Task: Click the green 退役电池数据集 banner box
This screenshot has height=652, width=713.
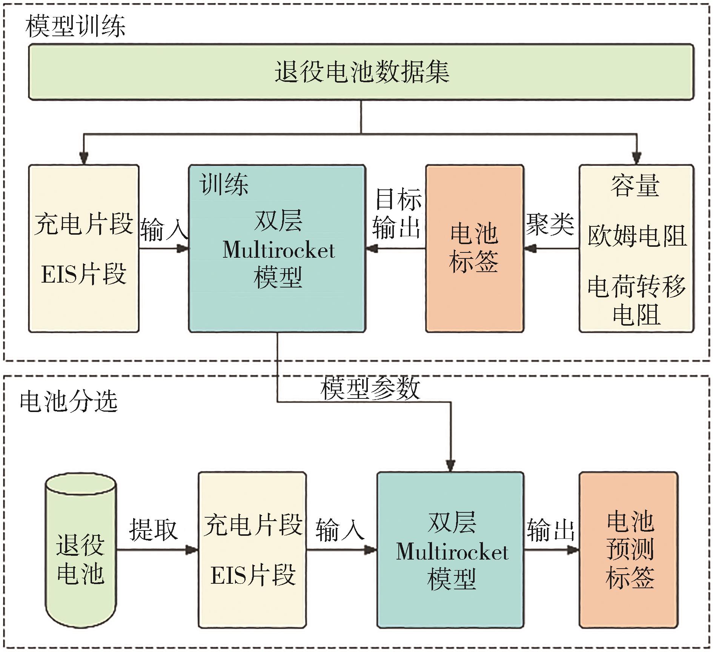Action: pos(361,72)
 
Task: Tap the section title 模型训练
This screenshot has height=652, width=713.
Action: pos(75,26)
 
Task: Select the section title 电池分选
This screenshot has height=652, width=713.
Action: pos(69,401)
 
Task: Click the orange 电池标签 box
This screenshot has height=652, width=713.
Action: pos(474,248)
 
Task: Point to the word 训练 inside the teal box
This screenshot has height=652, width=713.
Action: pos(224,185)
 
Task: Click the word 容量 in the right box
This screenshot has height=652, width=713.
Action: pos(635,186)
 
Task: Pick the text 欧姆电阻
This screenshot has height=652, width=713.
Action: pos(637,236)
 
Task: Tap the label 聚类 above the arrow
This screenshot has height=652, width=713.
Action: pos(550,224)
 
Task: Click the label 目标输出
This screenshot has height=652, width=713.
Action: pos(397,213)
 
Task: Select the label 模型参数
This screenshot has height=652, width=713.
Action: pos(370,388)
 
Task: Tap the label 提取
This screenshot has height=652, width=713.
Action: pos(153,529)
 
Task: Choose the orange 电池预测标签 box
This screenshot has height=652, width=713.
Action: pos(629,550)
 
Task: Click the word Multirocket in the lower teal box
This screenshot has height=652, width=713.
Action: pos(452,552)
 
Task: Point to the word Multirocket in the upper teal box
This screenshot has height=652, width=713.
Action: pos(278,250)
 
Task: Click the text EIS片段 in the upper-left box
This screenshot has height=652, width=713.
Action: pos(84,274)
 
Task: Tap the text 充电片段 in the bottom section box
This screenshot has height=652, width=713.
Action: pos(253,524)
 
